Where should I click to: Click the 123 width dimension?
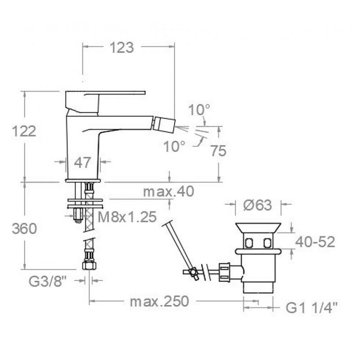[x=121, y=48]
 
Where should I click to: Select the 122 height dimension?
[x=24, y=131]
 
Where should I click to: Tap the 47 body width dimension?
[x=82, y=162]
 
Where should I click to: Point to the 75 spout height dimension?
[x=218, y=151]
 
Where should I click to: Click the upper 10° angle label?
[x=199, y=110]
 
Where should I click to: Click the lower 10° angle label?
[x=174, y=146]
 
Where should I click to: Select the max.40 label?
[x=168, y=191]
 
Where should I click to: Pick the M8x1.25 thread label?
[x=127, y=217]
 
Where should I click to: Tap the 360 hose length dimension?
[x=24, y=229]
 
